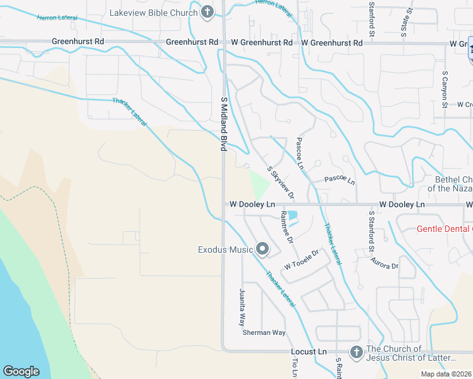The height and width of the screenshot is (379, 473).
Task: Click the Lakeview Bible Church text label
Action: coord(154,13)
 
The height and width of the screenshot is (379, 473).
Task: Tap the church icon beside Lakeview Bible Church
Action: coord(207,12)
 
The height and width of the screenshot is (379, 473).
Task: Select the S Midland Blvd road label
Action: coord(223,124)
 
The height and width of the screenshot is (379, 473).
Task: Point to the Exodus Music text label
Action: coord(224,250)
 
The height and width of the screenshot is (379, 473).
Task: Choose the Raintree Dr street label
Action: coord(286,227)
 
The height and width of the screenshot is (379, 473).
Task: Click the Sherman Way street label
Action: coord(264,332)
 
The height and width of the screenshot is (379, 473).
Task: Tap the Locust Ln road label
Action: coord(308,351)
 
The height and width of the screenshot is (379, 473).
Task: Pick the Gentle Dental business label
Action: coord(444,229)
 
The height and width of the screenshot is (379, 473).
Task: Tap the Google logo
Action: coord(21,371)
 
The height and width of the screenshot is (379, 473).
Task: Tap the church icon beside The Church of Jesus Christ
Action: coord(355,351)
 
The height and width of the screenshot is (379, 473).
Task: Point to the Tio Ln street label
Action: coord(295,368)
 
